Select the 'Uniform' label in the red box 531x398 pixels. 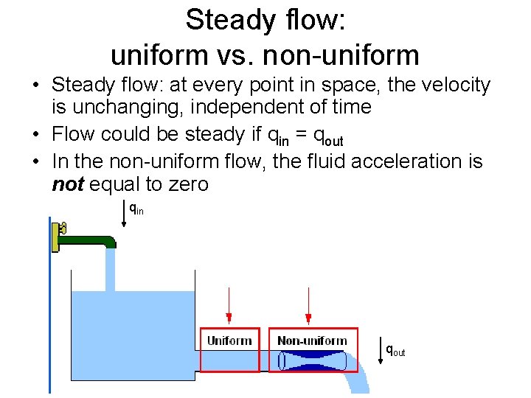[x=229, y=341]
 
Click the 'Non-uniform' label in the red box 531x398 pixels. [x=312, y=341]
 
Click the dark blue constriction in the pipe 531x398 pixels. [x=313, y=360]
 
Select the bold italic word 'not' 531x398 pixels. [x=67, y=184]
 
